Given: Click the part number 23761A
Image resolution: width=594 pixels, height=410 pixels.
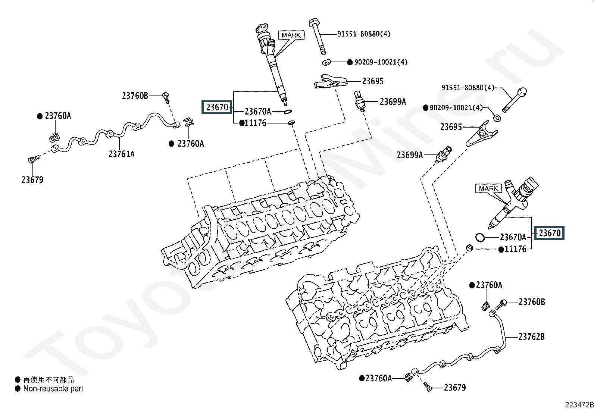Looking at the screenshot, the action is [x=122, y=154].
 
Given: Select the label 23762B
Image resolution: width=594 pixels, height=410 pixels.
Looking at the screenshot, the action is [x=531, y=337].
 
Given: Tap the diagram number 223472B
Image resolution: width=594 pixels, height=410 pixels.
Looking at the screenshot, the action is [x=579, y=405].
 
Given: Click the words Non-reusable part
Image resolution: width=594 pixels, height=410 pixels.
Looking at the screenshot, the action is [x=53, y=388].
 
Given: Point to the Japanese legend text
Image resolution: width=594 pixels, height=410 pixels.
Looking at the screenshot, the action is [x=49, y=380].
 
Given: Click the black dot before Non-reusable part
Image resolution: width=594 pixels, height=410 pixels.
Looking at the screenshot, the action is [x=18, y=389].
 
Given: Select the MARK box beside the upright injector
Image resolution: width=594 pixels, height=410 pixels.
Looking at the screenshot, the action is [x=291, y=35].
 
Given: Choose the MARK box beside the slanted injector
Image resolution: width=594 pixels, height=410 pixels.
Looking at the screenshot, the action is [x=488, y=188].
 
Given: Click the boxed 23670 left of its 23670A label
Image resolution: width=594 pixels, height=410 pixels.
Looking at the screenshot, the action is [x=217, y=107].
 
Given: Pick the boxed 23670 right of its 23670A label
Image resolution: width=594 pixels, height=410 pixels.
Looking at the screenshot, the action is [x=549, y=233].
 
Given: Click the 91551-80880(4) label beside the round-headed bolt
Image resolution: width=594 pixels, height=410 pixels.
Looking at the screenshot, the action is [x=468, y=88].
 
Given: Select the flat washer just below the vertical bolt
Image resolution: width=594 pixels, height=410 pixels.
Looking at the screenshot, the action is [x=327, y=63].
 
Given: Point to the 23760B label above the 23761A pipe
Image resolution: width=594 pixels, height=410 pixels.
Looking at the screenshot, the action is [x=135, y=96].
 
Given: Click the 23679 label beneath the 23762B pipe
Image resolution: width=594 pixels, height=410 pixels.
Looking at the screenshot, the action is [x=455, y=388].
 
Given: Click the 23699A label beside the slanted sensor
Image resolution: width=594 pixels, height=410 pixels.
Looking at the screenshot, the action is [x=410, y=155].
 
